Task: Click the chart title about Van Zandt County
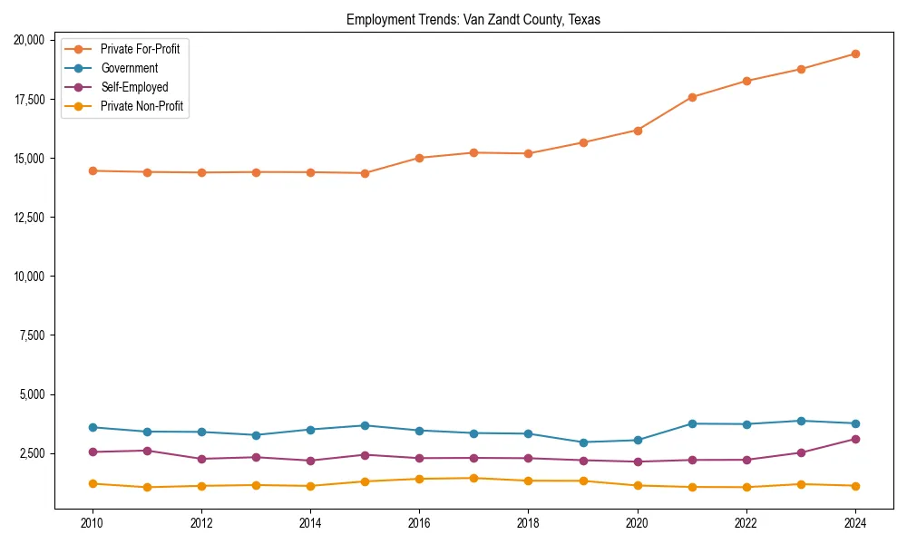[x=473, y=20]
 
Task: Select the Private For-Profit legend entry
[x=140, y=49]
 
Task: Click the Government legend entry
[x=129, y=68]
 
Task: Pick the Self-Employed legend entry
[x=134, y=87]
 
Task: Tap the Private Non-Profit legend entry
[x=141, y=106]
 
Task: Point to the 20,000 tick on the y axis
[x=31, y=40]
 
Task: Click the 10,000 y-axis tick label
[x=31, y=277]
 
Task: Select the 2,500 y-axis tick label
[x=34, y=453]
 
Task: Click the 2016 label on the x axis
[x=419, y=523]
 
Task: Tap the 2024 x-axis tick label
[x=855, y=523]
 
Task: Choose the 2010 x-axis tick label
[x=92, y=523]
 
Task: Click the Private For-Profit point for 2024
[x=855, y=53]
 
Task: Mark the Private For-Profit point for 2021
[x=692, y=97]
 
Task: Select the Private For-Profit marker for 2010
[x=92, y=170]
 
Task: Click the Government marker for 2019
[x=583, y=442]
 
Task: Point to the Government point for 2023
[x=801, y=421]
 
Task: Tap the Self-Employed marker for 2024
[x=855, y=439]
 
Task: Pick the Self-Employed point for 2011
[x=146, y=451]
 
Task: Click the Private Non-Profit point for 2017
[x=473, y=478]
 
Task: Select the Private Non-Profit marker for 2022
[x=746, y=487]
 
